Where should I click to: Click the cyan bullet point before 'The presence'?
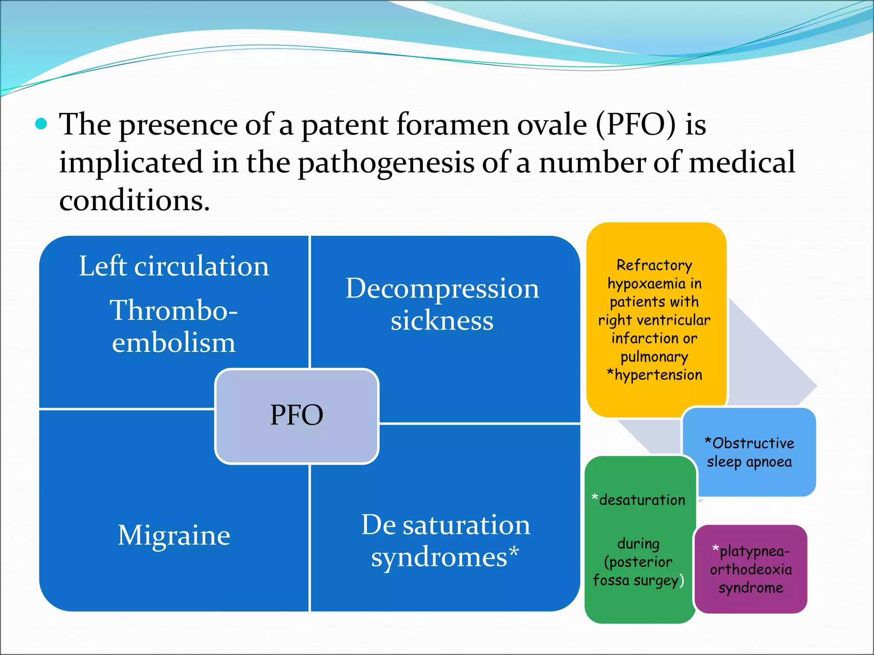41,124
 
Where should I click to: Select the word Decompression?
442,289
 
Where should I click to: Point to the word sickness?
442,321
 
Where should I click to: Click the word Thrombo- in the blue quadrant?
174,310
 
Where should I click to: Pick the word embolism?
174,343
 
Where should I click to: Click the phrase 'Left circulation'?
174,267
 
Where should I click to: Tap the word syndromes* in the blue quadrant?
445,557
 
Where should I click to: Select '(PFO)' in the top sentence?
636,125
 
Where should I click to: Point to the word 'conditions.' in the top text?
134,201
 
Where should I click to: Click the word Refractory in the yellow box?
654,265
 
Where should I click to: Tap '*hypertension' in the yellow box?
654,375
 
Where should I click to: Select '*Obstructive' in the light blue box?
749,443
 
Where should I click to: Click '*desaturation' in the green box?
638,500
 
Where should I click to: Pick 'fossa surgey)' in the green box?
638,580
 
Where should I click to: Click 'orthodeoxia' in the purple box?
751,570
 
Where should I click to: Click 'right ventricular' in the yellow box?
654,320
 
